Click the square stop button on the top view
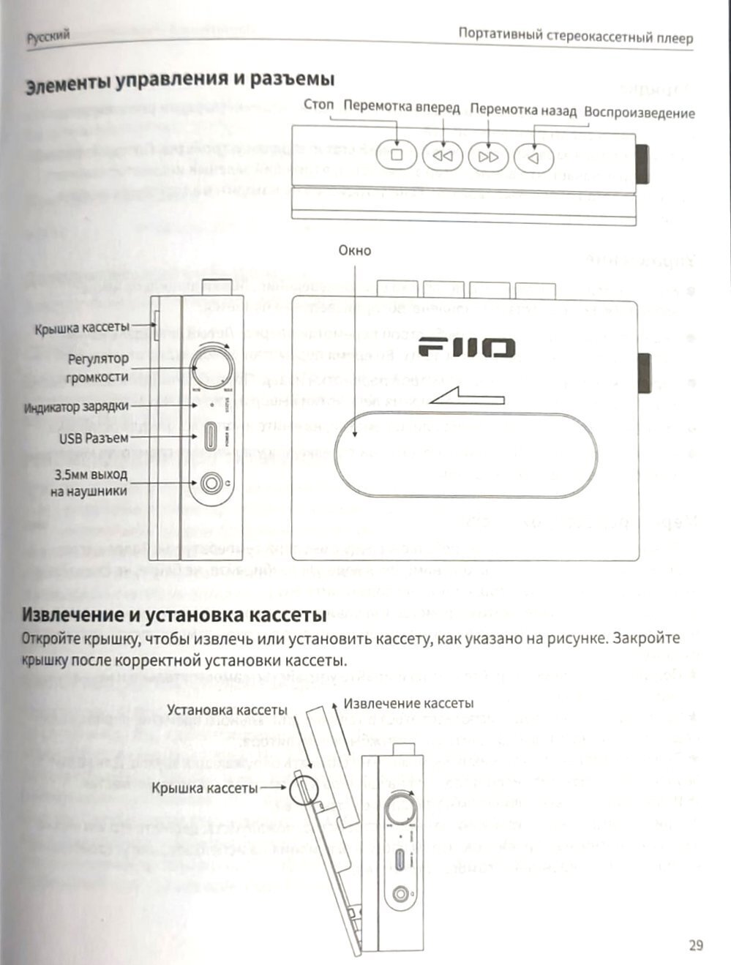click(x=397, y=155)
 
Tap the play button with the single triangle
click(x=533, y=156)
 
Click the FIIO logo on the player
click(x=466, y=348)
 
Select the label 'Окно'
click(x=354, y=250)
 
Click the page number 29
click(x=695, y=945)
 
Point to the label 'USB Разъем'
click(x=94, y=438)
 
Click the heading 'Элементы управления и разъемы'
click(x=180, y=80)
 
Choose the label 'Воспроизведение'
click(x=639, y=113)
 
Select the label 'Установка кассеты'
click(x=227, y=710)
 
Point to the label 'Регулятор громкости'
click(x=97, y=367)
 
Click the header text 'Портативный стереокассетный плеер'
click(x=575, y=36)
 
